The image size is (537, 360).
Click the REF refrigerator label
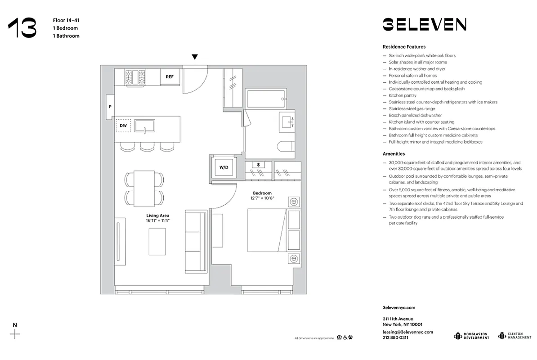pyautogui.click(x=170, y=76)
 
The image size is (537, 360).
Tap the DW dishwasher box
pyautogui.click(x=123, y=126)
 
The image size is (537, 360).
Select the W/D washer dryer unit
pyautogui.click(x=224, y=167)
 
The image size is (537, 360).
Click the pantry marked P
pyautogui.click(x=110, y=107)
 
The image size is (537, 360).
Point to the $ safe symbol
pyautogui.click(x=258, y=165)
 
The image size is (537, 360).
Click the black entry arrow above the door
pyautogui.click(x=195, y=57)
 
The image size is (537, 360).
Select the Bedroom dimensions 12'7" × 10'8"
pyautogui.click(x=262, y=198)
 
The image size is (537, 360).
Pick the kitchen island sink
pyautogui.click(x=144, y=126)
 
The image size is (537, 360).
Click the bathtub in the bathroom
pyautogui.click(x=266, y=98)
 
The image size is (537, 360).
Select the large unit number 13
pyautogui.click(x=22, y=28)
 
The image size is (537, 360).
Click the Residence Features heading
pyautogui.click(x=404, y=47)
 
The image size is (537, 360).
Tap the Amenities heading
pyautogui.click(x=394, y=154)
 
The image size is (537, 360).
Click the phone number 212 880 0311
pyautogui.click(x=395, y=337)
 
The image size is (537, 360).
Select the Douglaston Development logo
pyautogui.click(x=471, y=336)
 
